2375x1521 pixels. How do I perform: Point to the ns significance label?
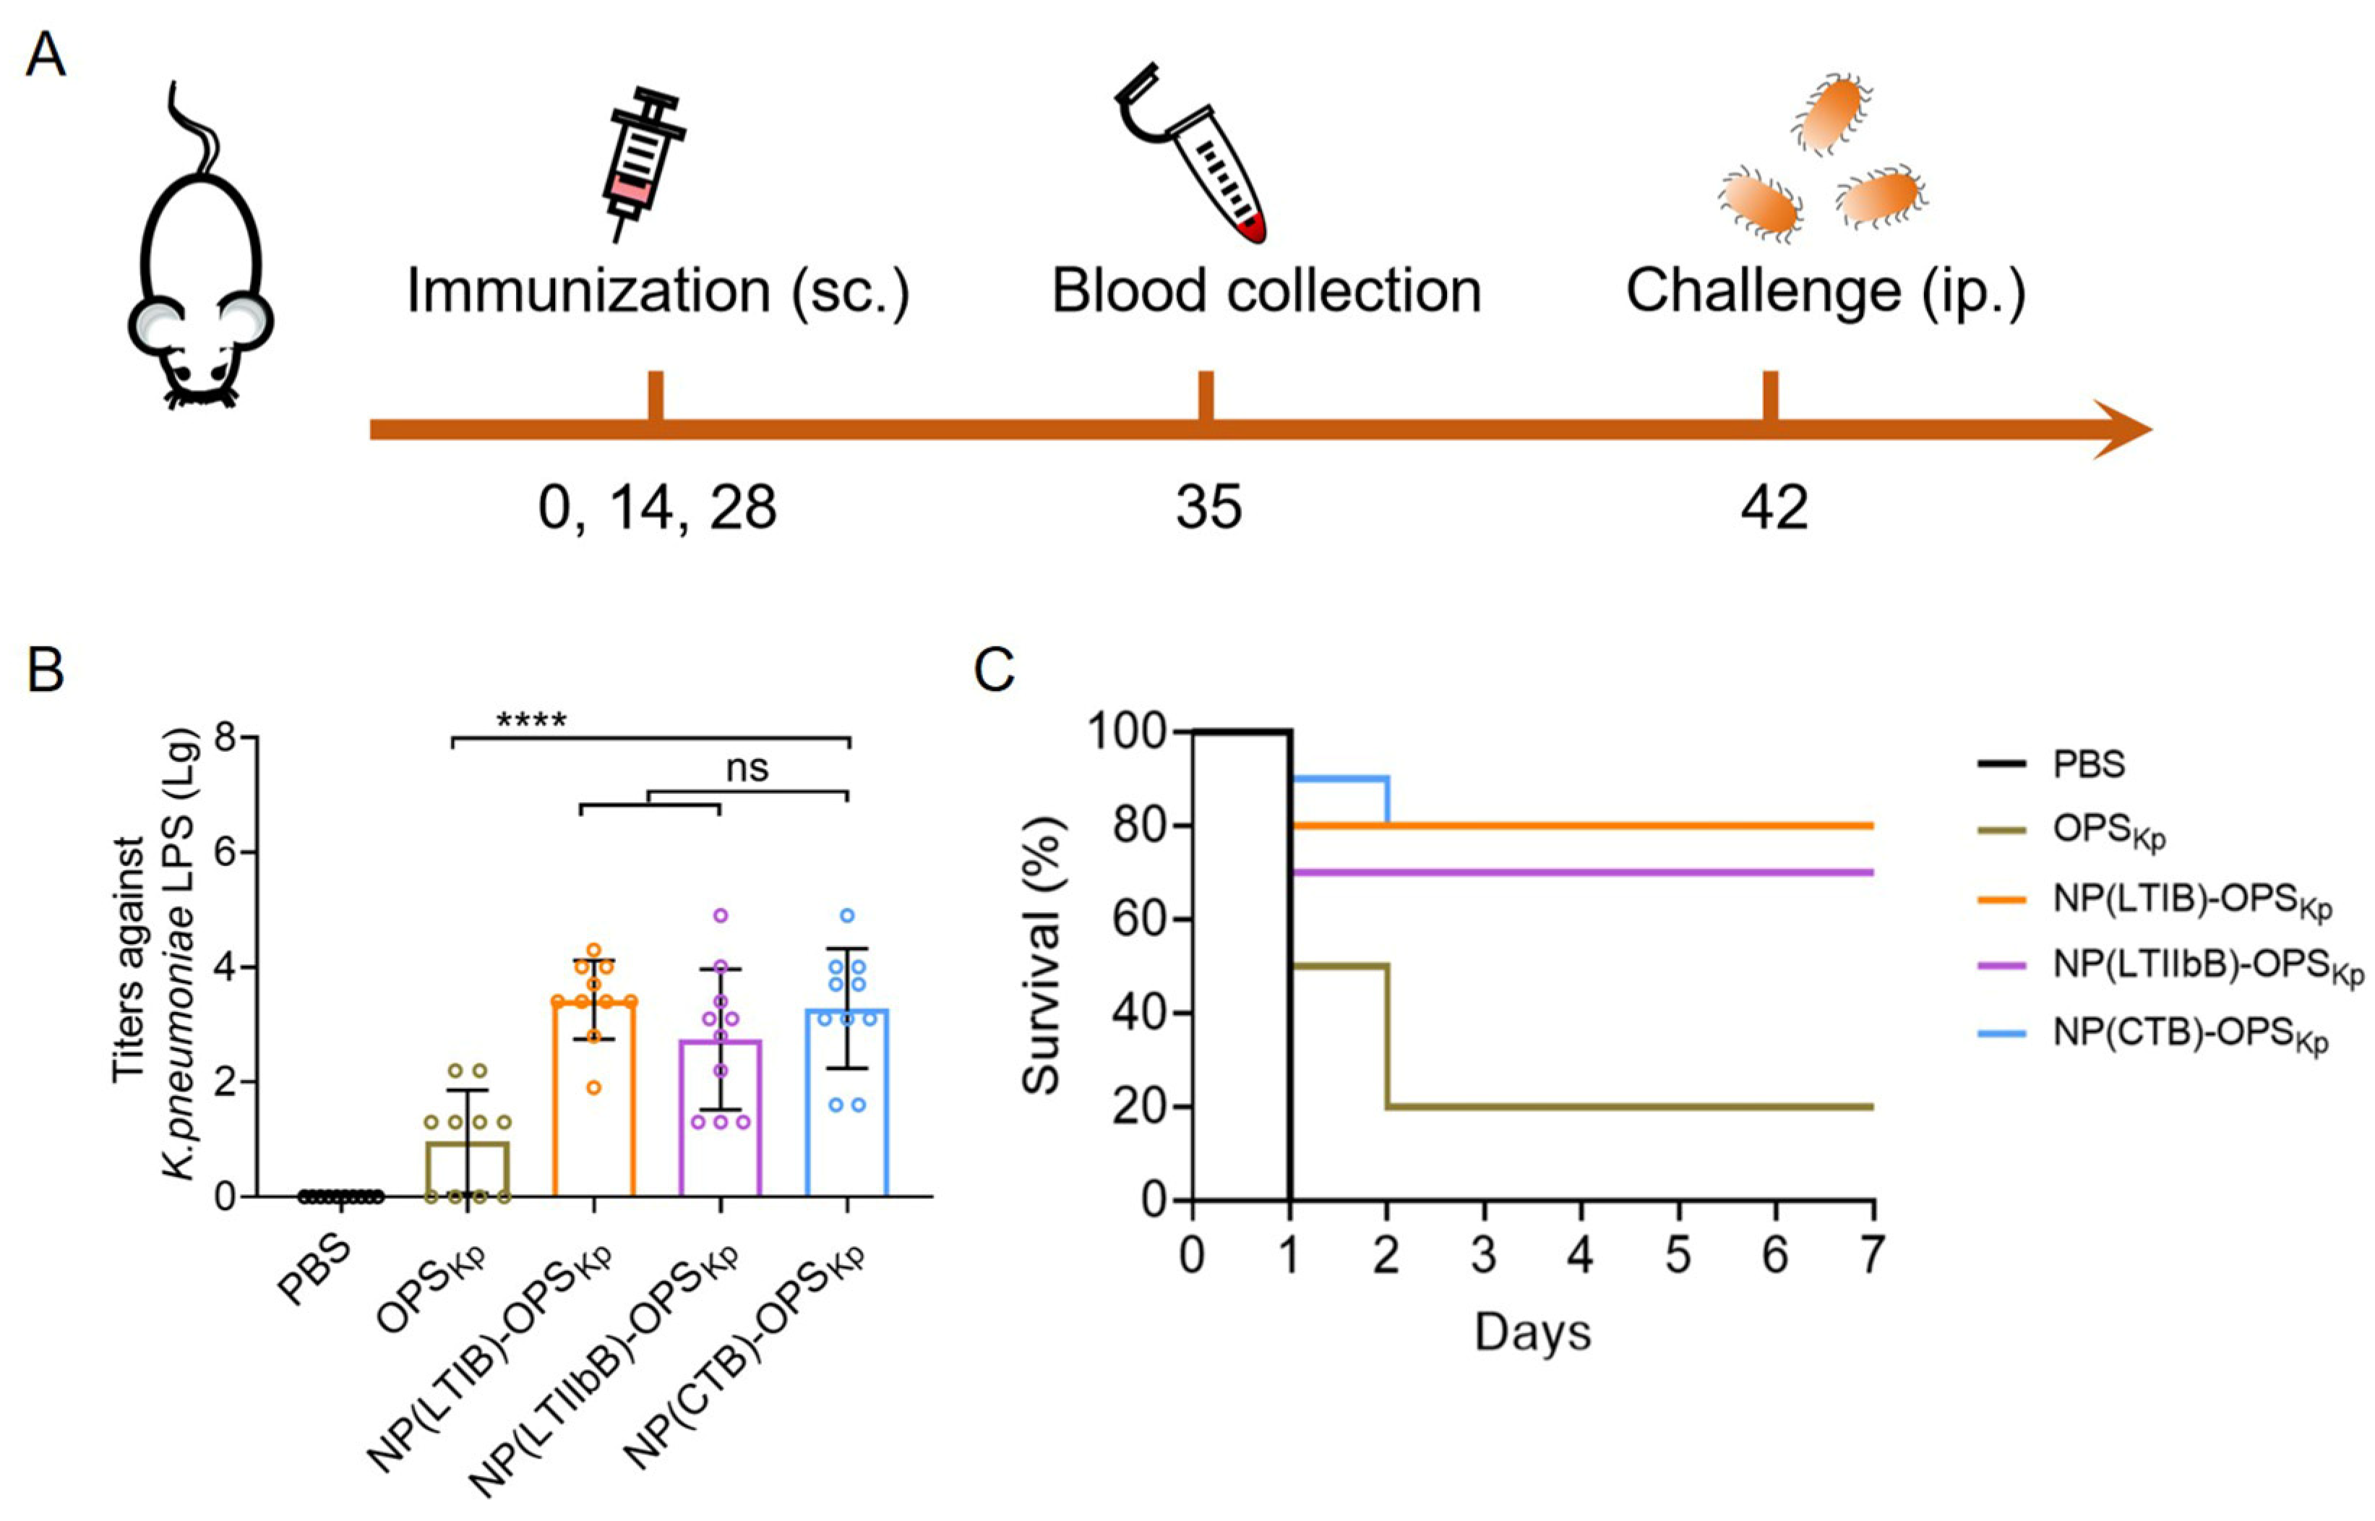[x=747, y=768]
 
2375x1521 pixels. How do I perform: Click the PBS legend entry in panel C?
[x=2089, y=764]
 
